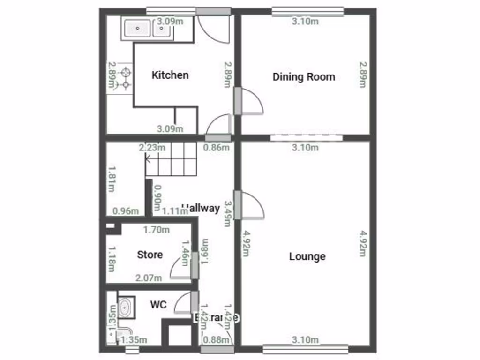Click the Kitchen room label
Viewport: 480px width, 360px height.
coord(170,75)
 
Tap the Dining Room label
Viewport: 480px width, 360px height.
coord(304,77)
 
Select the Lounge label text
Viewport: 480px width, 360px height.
coord(307,256)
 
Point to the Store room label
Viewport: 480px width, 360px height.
coord(150,255)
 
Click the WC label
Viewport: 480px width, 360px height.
coord(158,305)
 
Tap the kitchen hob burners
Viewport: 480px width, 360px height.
coord(125,79)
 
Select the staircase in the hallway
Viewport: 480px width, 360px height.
coord(171,159)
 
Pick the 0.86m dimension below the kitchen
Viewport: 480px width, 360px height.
coord(216,148)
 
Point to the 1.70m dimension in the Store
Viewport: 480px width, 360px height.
coord(156,230)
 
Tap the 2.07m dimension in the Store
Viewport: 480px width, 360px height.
coord(149,278)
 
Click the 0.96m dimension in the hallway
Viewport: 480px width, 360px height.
coord(126,211)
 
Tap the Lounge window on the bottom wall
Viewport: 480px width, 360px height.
coord(305,348)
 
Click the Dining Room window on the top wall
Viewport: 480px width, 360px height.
coord(307,11)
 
